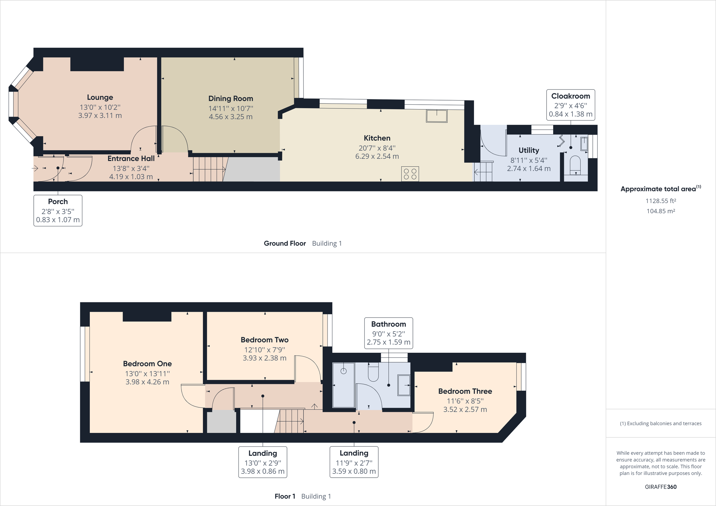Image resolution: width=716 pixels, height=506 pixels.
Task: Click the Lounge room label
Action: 100,97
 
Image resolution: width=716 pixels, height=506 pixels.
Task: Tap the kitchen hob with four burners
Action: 410,174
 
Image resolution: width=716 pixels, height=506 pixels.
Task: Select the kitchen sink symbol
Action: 436,116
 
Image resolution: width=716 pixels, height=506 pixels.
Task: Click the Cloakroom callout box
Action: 570,105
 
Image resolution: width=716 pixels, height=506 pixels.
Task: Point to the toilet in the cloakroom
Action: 575,165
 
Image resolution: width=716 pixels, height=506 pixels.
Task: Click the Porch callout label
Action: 58,211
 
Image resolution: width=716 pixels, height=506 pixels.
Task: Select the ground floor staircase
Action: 208,169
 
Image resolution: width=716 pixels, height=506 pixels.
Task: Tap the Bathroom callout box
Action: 388,333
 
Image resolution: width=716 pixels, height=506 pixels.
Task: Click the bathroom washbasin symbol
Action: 404,385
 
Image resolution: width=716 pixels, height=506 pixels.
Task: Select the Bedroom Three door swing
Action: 423,423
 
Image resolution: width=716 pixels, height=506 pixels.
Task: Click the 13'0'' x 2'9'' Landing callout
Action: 263,462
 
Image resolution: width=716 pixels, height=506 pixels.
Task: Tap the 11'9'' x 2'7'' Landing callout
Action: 354,462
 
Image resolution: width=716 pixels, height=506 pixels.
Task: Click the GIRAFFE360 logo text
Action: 661,487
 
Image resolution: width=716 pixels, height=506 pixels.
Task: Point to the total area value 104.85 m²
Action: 661,211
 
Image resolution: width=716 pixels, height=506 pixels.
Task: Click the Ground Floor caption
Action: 285,244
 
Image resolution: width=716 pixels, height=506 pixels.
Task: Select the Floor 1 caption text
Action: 285,496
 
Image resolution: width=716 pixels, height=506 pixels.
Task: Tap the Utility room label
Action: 529,150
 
